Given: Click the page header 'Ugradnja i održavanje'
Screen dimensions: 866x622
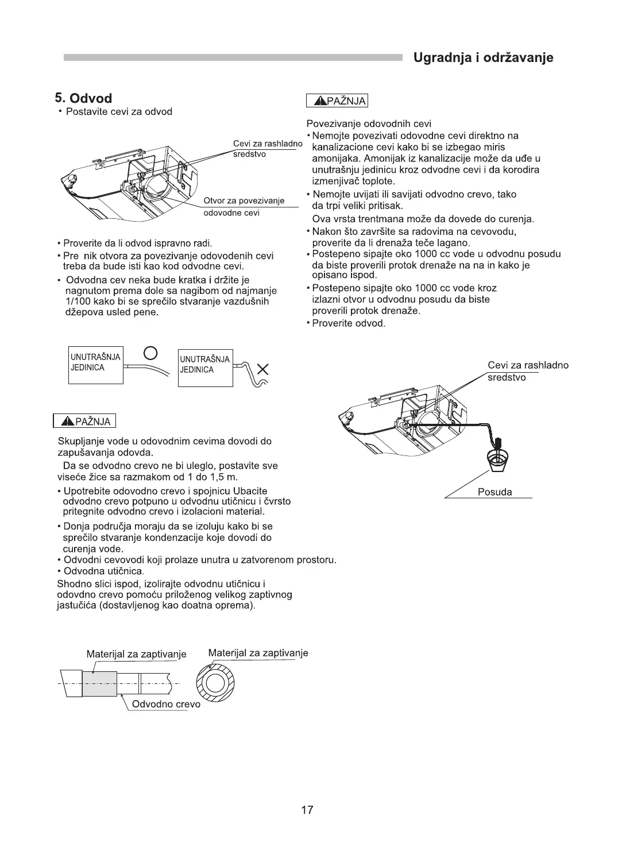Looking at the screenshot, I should (x=483, y=58).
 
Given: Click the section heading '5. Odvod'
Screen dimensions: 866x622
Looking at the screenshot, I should (x=83, y=98).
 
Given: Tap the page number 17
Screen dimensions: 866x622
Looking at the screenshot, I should (x=307, y=810).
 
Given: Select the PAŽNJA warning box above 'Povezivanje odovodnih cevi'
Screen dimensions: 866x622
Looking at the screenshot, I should (x=337, y=101).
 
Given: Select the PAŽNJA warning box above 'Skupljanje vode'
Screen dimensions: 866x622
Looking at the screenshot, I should (x=84, y=421).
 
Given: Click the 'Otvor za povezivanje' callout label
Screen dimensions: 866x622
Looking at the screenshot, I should (x=244, y=200).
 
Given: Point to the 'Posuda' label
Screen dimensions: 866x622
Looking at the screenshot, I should (x=494, y=492).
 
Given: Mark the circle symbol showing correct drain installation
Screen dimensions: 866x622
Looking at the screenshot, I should (x=150, y=352).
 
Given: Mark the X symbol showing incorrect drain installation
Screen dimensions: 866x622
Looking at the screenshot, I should (x=264, y=368).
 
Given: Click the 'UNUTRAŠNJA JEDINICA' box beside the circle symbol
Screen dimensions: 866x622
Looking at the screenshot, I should (x=95, y=364).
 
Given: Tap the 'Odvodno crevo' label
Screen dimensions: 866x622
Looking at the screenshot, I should (x=166, y=704).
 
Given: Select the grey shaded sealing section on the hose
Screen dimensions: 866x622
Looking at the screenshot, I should (x=99, y=683).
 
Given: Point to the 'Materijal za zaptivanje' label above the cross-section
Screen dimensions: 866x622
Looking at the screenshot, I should (x=258, y=653).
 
